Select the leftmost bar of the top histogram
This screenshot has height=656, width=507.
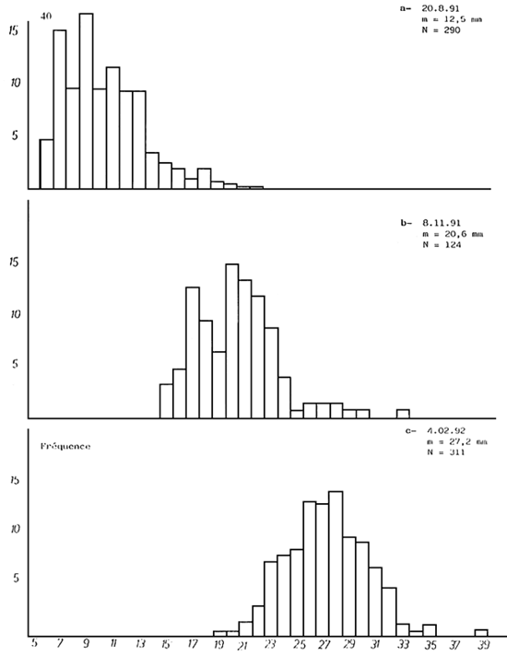pos(47,163)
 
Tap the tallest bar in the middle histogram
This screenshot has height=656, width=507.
pos(231,341)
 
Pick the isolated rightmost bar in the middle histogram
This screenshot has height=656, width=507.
pos(403,413)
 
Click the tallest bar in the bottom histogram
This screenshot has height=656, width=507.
pos(336,562)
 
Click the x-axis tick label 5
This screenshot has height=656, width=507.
pos(35,647)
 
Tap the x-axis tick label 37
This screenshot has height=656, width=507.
pos(455,647)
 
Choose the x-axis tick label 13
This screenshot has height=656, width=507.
pos(139,647)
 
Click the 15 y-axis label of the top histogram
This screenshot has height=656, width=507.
pos(13,29)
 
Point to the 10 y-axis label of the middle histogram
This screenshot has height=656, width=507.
pos(13,313)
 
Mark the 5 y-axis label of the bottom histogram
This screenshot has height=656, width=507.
pos(15,580)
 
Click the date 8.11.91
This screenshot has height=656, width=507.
pos(439,224)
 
